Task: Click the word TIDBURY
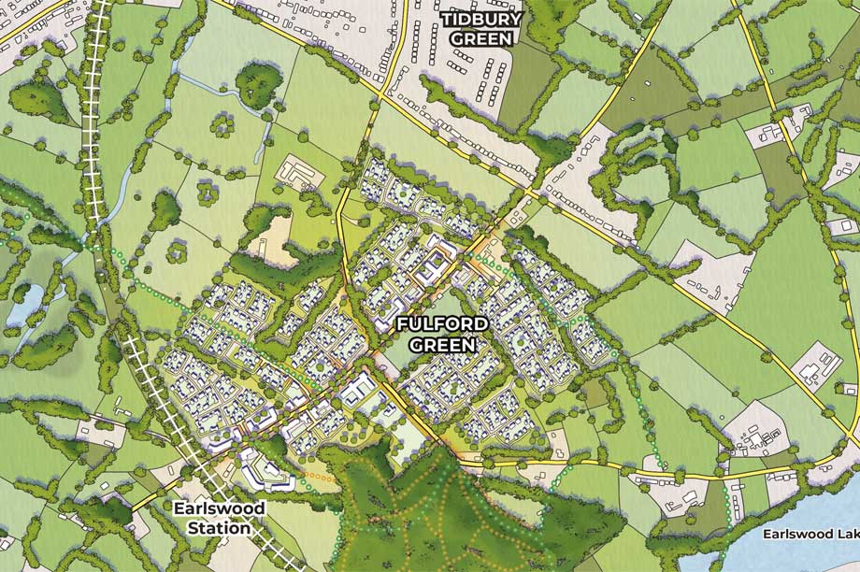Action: pos(481,20)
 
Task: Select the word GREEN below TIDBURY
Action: pos(481,39)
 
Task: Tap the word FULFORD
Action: pos(441,324)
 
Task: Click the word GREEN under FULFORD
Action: pos(443,344)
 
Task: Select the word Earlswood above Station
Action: pos(220,508)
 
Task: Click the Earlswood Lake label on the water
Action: pos(810,535)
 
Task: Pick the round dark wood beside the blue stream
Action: pos(258,84)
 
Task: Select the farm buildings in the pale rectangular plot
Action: pos(300,175)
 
